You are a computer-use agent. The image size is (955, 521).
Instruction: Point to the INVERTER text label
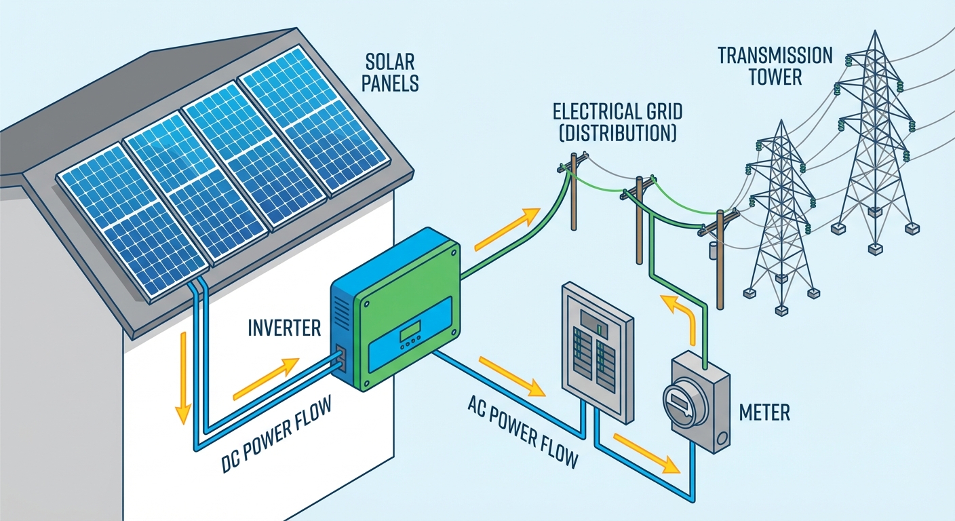click(x=284, y=329)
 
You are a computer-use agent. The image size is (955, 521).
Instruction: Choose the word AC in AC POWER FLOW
click(x=479, y=406)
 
